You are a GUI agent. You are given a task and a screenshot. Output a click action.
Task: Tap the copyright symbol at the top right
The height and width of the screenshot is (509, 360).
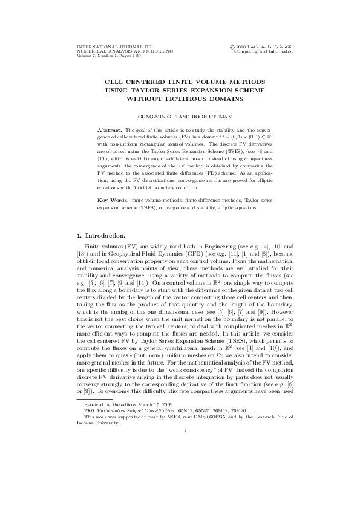coord(233,46)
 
